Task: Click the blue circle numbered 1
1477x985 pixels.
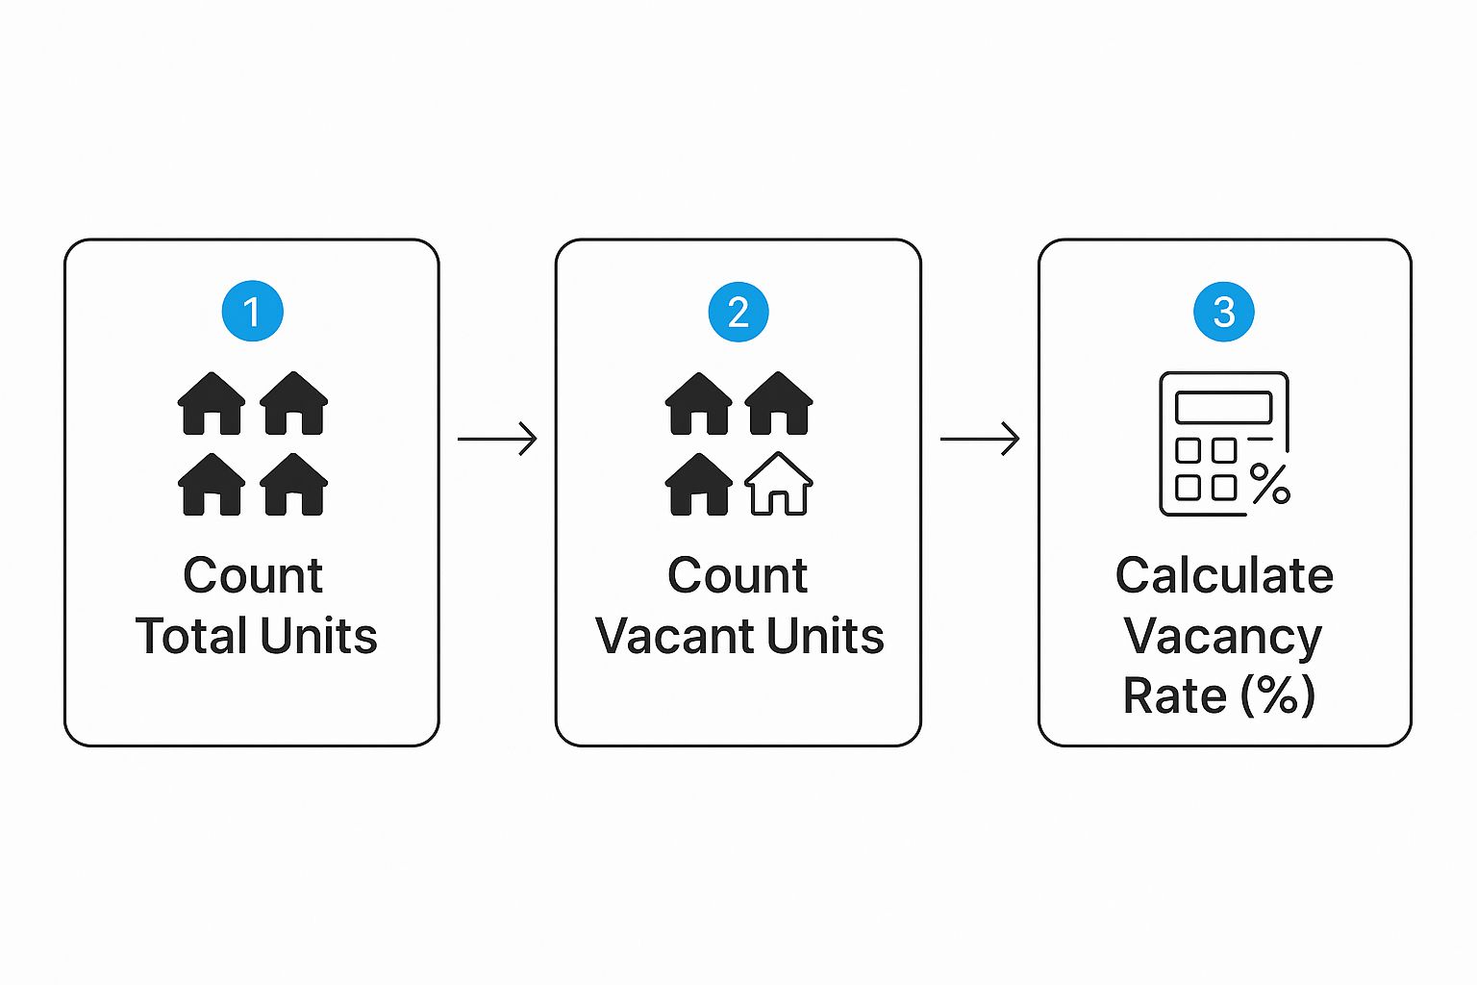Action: pyautogui.click(x=252, y=311)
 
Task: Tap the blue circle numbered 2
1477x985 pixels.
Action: pyautogui.click(x=738, y=312)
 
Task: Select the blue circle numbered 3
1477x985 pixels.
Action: pyautogui.click(x=1224, y=312)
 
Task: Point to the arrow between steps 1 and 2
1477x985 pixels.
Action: pyautogui.click(x=497, y=439)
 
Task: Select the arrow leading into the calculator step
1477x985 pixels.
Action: pyautogui.click(x=980, y=439)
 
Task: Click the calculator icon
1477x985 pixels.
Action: pyautogui.click(x=1223, y=443)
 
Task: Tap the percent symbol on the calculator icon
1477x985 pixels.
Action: pyautogui.click(x=1270, y=484)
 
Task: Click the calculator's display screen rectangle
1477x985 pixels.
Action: pyautogui.click(x=1223, y=407)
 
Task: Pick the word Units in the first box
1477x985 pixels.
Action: pyautogui.click(x=318, y=636)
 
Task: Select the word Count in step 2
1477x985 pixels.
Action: pyautogui.click(x=738, y=576)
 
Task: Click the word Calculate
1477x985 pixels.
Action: pyautogui.click(x=1224, y=576)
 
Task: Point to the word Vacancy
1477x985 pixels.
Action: pyautogui.click(x=1223, y=638)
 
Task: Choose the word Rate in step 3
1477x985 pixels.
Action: pyautogui.click(x=1174, y=695)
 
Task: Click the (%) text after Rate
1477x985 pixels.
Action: pyautogui.click(x=1278, y=695)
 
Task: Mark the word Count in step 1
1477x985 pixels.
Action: pyautogui.click(x=253, y=576)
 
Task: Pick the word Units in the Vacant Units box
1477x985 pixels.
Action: pyautogui.click(x=825, y=636)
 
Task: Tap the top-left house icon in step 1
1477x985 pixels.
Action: pyautogui.click(x=212, y=403)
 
